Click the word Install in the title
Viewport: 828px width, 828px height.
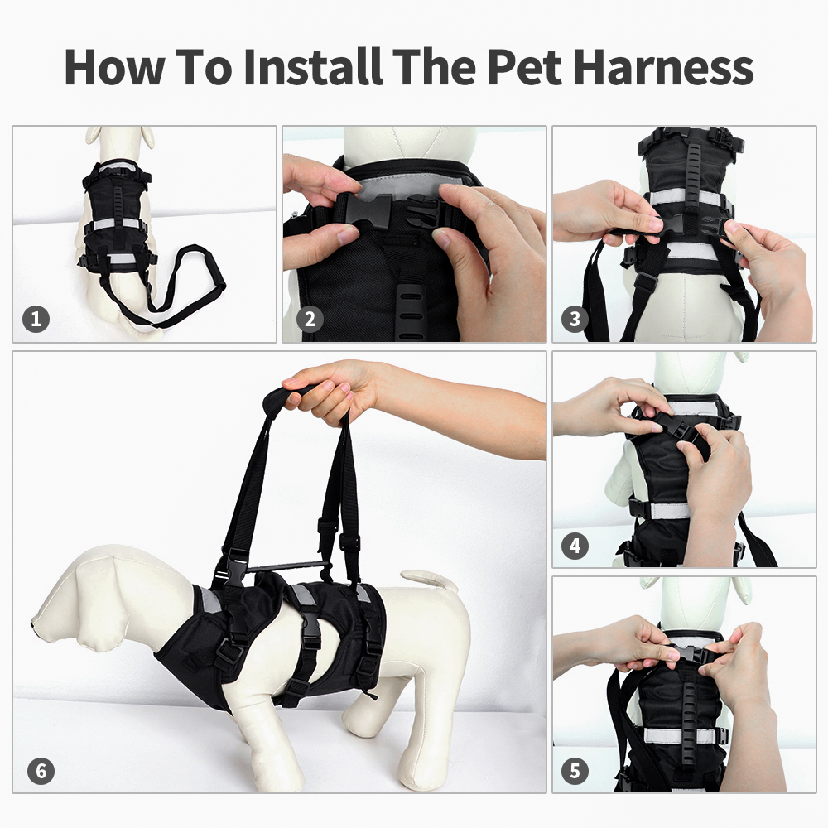click(313, 67)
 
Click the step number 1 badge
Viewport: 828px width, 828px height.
click(36, 319)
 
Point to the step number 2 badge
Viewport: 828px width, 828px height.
click(310, 319)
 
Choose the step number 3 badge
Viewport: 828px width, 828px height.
click(575, 319)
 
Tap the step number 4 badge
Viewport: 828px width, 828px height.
click(575, 546)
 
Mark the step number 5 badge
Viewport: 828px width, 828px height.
click(575, 772)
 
